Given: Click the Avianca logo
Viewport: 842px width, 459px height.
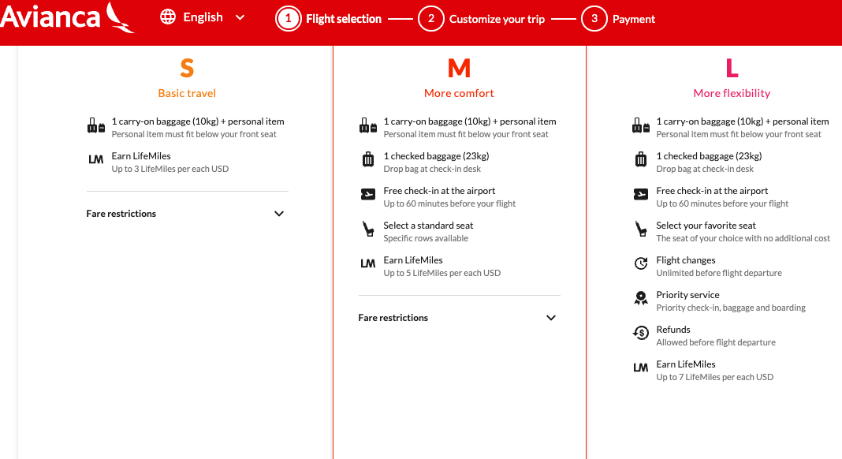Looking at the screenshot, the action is click(66, 17).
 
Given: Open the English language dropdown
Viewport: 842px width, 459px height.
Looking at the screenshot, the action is click(240, 17).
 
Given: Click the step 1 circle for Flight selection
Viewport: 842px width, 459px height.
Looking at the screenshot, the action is click(289, 19).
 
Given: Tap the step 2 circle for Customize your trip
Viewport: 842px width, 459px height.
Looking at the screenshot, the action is click(431, 19).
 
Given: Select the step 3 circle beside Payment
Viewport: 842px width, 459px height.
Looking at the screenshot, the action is click(594, 19).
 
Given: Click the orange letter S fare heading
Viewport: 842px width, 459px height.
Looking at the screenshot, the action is click(187, 69).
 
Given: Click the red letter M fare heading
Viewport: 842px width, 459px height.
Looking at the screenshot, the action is click(459, 69).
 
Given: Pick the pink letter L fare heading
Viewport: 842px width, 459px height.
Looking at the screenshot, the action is click(732, 69).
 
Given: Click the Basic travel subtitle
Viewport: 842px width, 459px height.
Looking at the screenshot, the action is click(187, 93).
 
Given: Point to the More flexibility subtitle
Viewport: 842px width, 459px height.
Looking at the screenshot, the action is click(732, 93).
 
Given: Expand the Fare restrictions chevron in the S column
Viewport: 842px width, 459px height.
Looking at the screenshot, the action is click(279, 214).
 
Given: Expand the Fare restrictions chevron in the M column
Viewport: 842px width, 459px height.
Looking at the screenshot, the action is click(551, 318).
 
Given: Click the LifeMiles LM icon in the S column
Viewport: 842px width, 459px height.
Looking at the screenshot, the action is click(95, 159).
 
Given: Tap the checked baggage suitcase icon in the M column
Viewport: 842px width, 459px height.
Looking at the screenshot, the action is click(368, 159).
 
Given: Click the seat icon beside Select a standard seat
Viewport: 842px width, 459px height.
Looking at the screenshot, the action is click(368, 229).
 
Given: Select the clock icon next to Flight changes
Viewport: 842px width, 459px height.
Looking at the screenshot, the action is click(641, 263).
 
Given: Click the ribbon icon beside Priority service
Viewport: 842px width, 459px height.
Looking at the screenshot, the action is click(641, 298).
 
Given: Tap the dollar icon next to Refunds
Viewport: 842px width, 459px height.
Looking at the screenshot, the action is click(641, 333).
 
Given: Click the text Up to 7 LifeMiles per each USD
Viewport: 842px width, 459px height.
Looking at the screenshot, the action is click(715, 377).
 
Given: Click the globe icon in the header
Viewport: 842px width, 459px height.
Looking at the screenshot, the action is click(168, 17).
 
